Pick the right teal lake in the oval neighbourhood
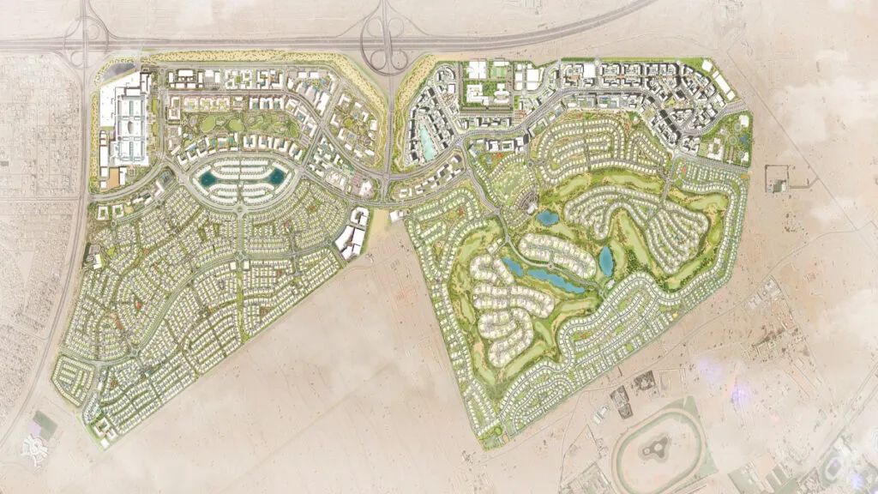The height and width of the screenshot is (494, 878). point(277,178)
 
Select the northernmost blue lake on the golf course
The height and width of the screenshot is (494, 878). point(548,217)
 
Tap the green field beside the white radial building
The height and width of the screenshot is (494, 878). point(45,424)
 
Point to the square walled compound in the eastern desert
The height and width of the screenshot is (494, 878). point(778,178)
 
